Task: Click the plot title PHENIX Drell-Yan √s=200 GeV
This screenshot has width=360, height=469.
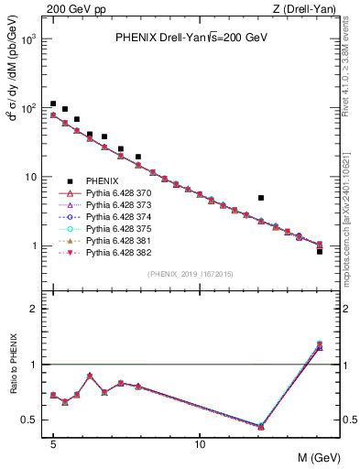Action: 191,38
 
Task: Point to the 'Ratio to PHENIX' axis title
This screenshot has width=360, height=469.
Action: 15,365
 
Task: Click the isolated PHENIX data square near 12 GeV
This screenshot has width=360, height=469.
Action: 261,198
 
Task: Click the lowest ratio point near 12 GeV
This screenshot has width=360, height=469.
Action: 261,427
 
